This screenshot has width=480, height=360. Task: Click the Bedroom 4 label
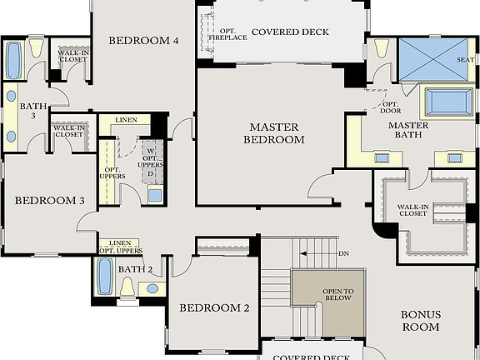143,40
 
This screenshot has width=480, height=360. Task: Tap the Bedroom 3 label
50,200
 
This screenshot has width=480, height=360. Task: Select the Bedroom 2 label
215,307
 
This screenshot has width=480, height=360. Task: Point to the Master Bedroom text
273,133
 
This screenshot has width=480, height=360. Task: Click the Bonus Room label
420,321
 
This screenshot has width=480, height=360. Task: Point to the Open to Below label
338,293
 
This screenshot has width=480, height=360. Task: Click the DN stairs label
344,252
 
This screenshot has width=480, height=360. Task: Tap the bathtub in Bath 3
14,60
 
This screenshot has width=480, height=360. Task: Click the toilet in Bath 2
127,286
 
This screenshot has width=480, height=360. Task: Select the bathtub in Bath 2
105,277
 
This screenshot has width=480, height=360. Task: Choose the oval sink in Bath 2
152,288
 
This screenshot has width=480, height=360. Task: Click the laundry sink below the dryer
154,196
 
